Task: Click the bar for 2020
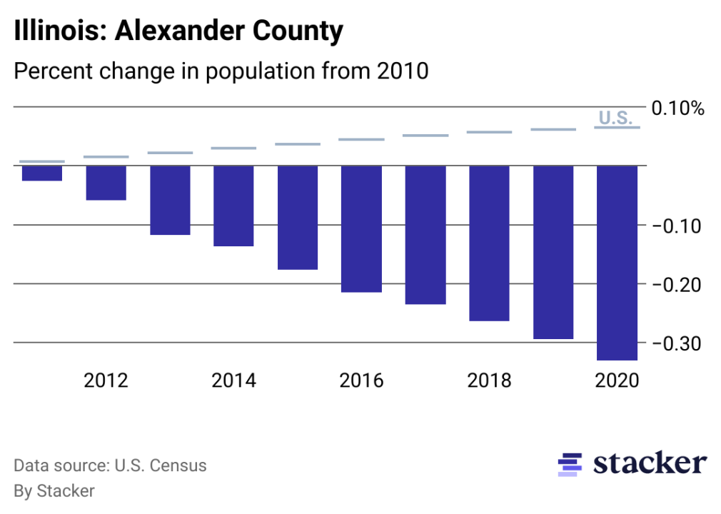pos(617,263)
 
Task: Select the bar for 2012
pos(106,183)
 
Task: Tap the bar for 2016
pos(361,229)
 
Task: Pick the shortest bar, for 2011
pos(42,173)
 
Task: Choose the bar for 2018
pos(489,243)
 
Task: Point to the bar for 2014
pos(233,206)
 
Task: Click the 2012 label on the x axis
pos(106,380)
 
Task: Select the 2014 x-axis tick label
pos(233,380)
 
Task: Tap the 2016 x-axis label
pos(361,380)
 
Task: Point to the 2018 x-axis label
pos(489,380)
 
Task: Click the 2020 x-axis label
pos(617,380)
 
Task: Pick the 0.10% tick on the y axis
pos(677,109)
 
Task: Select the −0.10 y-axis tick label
pos(677,226)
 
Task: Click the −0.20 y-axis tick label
pos(677,284)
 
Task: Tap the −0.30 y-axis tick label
pos(677,343)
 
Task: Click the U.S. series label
pos(615,118)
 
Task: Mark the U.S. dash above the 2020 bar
pos(617,128)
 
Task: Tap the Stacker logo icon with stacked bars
pos(570,464)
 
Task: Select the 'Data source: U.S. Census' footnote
pos(110,466)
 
